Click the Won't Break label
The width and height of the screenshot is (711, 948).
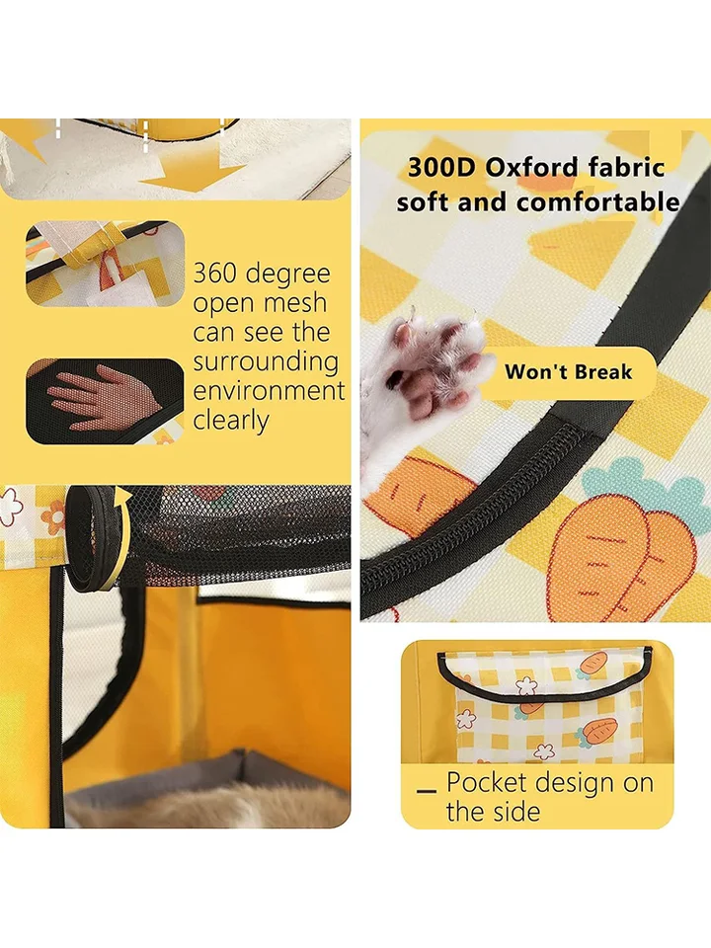coord(569,371)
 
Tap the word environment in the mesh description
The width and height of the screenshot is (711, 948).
coord(269,390)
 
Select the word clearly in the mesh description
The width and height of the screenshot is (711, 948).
coord(231,421)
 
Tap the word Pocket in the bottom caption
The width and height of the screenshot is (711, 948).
coord(486,782)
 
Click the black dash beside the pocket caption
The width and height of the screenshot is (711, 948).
coord(427,791)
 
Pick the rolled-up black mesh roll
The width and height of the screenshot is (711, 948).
coord(91,538)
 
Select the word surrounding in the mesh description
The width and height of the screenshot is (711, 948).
coord(266,362)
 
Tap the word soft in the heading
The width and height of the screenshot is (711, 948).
coord(424,201)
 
